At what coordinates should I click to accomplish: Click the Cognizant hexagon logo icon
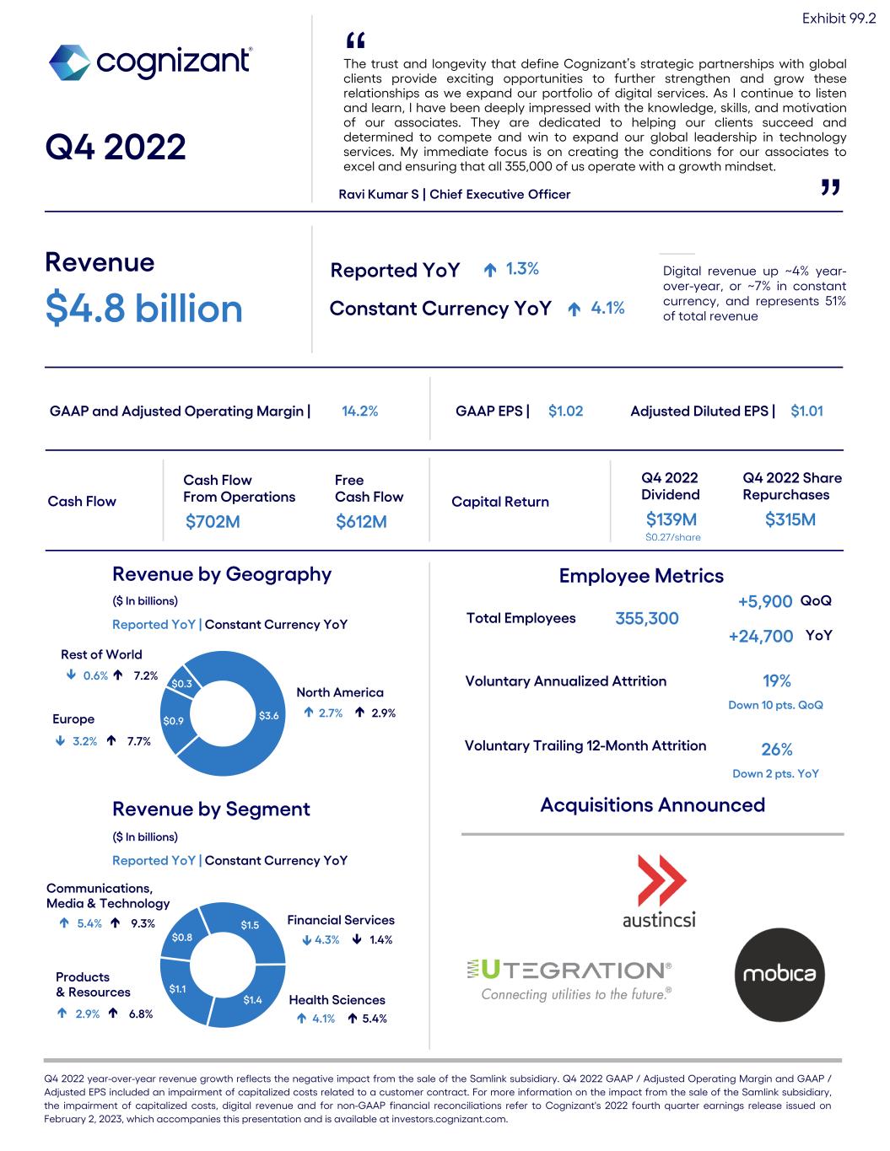point(69,62)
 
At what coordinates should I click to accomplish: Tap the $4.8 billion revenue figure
point(143,308)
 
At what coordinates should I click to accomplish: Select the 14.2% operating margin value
point(359,411)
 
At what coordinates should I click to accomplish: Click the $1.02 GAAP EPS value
point(565,411)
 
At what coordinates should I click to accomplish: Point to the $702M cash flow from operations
point(213,522)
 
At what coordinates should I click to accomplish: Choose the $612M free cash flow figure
point(361,522)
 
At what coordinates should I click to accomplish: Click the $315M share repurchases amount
point(790,519)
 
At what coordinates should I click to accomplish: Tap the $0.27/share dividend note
point(672,537)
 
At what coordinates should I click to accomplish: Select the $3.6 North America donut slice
point(268,716)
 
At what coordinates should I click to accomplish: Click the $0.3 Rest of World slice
point(181,684)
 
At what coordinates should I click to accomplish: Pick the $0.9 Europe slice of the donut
point(173,721)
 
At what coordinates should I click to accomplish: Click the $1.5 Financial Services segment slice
point(250,925)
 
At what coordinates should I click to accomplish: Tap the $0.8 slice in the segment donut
point(182,937)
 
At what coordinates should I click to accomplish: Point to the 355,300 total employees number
point(647,619)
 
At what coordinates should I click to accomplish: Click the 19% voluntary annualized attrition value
point(776,681)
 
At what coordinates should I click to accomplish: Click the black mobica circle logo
point(779,974)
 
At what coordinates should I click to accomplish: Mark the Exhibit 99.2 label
point(839,19)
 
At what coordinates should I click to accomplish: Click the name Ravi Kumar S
point(380,195)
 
